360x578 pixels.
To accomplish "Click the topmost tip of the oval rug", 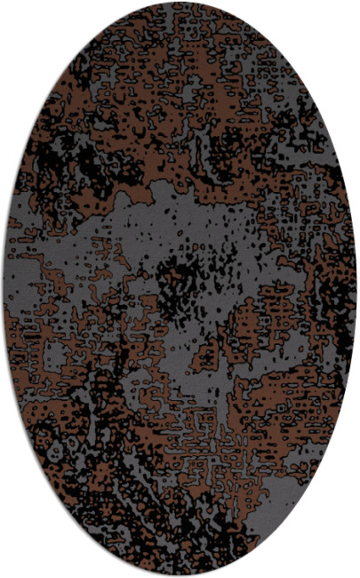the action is point(180,3).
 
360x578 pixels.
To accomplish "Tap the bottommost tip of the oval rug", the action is point(180,574).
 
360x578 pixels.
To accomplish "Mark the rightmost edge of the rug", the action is point(356,289).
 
